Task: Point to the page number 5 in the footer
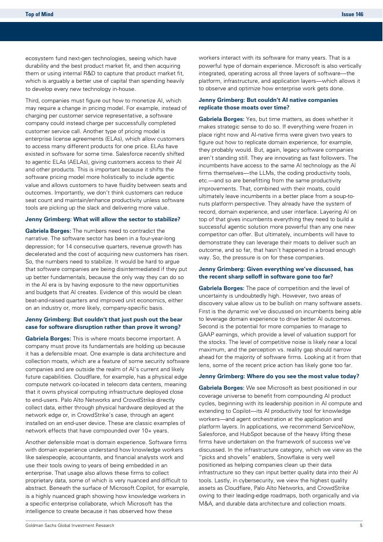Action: [x=361, y=525]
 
